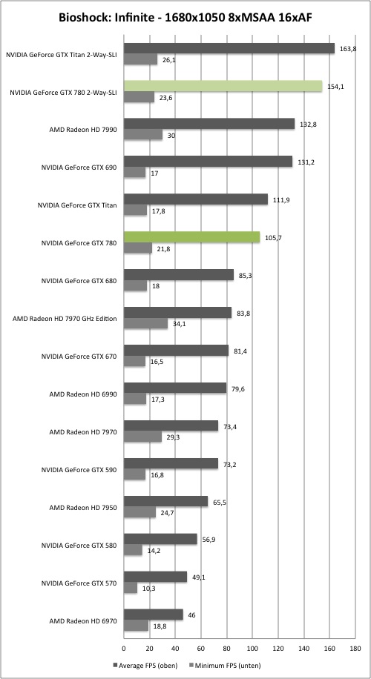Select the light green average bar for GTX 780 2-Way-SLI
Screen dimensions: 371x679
click(223, 86)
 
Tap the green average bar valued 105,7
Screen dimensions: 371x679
click(192, 237)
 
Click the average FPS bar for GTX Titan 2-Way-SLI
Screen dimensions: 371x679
click(229, 48)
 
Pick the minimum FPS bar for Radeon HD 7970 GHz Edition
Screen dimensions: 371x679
click(145, 323)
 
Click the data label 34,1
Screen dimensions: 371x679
click(177, 324)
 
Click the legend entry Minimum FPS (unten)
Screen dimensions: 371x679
click(224, 665)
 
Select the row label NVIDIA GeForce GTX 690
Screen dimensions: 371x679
click(79, 168)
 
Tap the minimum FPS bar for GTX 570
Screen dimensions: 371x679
click(131, 588)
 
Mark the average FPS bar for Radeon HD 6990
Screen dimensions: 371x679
click(175, 388)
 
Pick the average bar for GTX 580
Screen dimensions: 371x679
click(160, 539)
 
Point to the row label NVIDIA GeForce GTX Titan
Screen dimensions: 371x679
click(76, 205)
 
